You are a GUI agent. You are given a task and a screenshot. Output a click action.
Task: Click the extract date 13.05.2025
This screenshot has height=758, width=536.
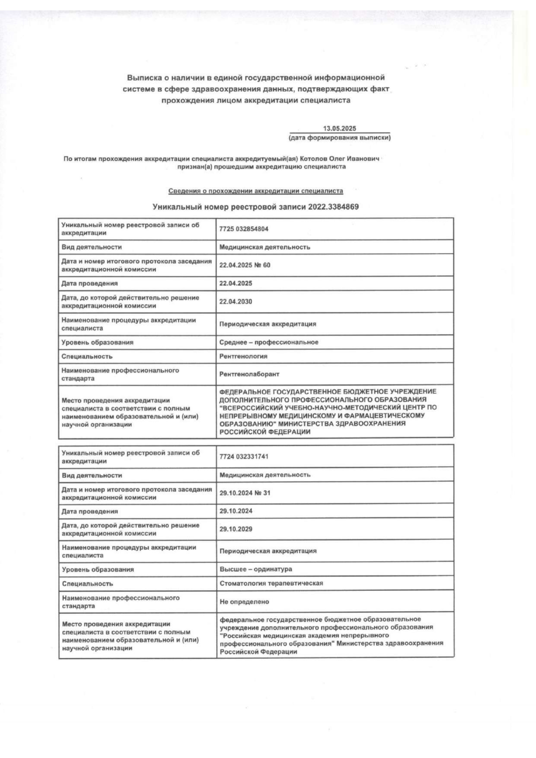click(x=339, y=128)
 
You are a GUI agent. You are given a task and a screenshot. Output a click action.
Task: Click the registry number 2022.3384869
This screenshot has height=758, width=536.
click(x=333, y=207)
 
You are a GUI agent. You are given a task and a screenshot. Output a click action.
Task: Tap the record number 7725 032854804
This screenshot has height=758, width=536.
click(x=244, y=229)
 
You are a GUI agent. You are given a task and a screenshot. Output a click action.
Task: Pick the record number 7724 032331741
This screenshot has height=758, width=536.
click(x=244, y=457)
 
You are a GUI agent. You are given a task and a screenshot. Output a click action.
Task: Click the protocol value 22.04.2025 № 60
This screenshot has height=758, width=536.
click(x=245, y=265)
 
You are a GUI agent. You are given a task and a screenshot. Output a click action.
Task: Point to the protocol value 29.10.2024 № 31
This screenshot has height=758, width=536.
click(x=245, y=493)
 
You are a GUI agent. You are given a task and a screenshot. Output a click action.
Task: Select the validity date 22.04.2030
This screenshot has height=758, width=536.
click(x=236, y=301)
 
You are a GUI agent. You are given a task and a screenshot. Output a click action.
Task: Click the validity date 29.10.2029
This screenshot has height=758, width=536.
click(x=236, y=529)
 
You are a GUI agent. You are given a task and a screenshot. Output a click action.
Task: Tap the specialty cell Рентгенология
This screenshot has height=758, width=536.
click(x=243, y=356)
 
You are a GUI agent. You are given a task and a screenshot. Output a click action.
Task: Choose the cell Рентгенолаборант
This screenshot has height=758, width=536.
click(x=249, y=374)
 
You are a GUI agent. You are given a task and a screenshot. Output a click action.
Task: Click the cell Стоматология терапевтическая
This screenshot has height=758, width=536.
click(x=271, y=584)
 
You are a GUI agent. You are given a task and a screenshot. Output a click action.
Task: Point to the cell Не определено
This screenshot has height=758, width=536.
click(x=244, y=602)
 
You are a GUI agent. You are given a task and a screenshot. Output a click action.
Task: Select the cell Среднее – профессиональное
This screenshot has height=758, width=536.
click(x=269, y=342)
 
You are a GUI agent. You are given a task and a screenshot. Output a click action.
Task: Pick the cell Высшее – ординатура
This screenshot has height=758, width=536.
click(x=255, y=569)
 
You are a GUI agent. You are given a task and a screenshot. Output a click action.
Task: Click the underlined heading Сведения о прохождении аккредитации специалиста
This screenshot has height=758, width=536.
click(x=255, y=191)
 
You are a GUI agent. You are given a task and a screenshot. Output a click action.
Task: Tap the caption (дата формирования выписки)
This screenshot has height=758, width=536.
click(x=339, y=138)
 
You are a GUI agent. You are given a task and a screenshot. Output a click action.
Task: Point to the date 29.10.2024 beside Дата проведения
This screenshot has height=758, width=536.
click(x=236, y=511)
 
